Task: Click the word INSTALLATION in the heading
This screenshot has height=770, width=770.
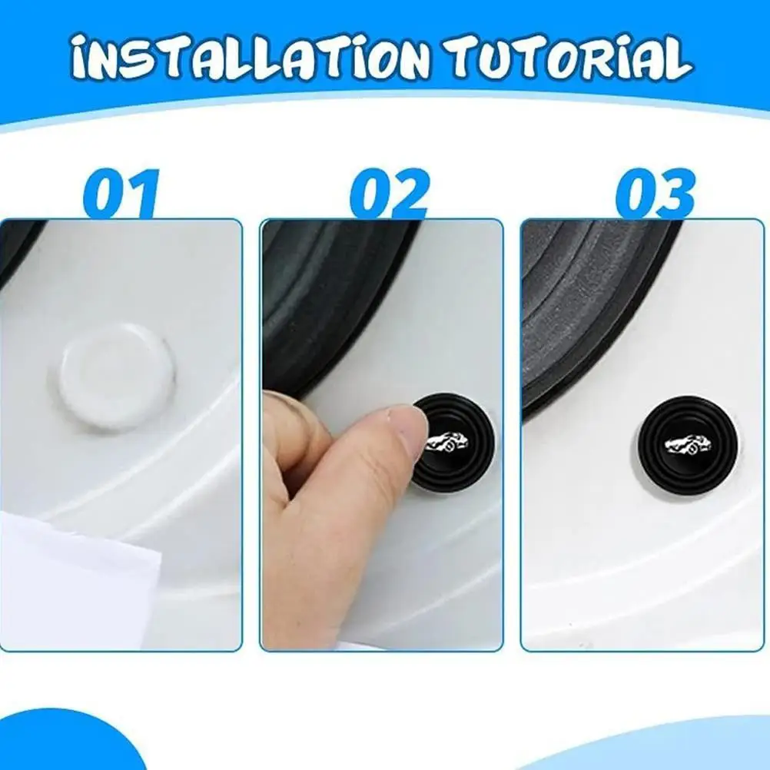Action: pyautogui.click(x=249, y=58)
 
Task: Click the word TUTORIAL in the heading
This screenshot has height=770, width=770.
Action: pyautogui.click(x=572, y=57)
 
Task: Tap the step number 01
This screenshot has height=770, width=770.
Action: pyautogui.click(x=121, y=194)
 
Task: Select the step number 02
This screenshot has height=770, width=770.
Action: pyautogui.click(x=390, y=194)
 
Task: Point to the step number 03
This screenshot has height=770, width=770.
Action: pyautogui.click(x=655, y=194)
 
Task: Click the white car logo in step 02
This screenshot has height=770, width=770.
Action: pyautogui.click(x=447, y=440)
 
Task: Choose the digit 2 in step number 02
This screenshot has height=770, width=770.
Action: pyautogui.click(x=409, y=194)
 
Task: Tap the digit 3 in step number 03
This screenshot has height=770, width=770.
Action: pyautogui.click(x=675, y=194)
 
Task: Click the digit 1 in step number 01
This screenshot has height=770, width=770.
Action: pyautogui.click(x=144, y=194)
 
